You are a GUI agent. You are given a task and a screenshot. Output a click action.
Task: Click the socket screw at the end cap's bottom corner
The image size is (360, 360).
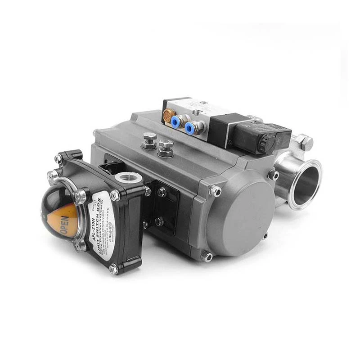pyautogui.click(x=207, y=257)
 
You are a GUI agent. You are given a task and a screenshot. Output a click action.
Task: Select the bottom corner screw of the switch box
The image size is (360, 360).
pyautogui.click(x=113, y=269)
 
